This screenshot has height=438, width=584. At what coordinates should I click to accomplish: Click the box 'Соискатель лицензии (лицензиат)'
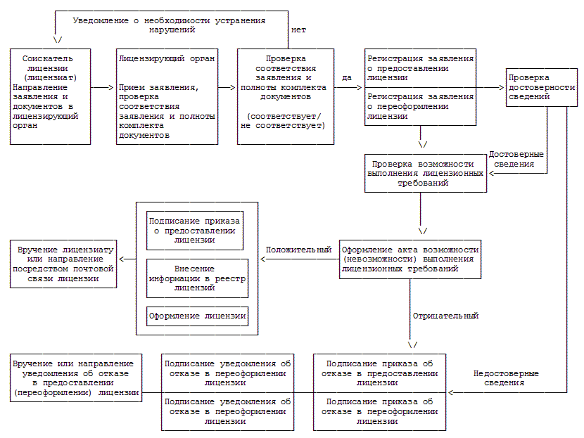pyautogui.click(x=50, y=96)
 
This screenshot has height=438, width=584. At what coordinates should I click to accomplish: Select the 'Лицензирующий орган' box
pyautogui.click(x=166, y=96)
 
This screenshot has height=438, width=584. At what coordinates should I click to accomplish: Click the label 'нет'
pyautogui.click(x=298, y=30)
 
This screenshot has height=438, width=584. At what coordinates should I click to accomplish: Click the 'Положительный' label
pyautogui.click(x=298, y=250)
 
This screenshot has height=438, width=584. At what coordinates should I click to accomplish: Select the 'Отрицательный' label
pyautogui.click(x=445, y=316)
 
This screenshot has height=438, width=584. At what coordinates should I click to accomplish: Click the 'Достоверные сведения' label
pyautogui.click(x=516, y=158)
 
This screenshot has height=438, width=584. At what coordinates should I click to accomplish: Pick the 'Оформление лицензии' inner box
pyautogui.click(x=197, y=316)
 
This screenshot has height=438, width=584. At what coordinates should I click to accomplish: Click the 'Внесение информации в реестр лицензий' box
pyautogui.click(x=197, y=278)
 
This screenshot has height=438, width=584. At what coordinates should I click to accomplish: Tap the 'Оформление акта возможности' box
pyautogui.click(x=410, y=259)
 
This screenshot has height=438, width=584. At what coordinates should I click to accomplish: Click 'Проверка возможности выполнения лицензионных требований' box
pyautogui.click(x=425, y=172)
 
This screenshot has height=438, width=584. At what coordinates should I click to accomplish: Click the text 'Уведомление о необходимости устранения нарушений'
pyautogui.click(x=169, y=25)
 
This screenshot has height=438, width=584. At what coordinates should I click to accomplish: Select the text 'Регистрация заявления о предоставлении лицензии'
pyautogui.click(x=421, y=68)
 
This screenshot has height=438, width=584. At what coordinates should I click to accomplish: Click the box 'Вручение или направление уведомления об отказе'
pyautogui.click(x=74, y=378)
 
